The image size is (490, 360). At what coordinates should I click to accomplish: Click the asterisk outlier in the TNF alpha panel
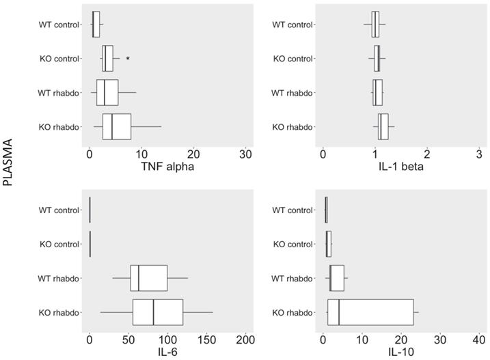(128, 59)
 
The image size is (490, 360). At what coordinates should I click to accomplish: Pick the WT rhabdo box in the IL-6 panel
(149, 278)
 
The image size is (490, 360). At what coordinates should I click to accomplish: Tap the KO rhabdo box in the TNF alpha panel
(117, 127)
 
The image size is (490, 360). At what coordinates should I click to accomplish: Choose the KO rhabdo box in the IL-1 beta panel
(383, 127)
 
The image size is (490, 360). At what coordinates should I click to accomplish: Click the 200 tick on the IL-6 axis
(246, 340)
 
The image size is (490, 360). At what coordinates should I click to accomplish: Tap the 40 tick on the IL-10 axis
(479, 340)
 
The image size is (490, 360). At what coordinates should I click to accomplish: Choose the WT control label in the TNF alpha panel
(59, 25)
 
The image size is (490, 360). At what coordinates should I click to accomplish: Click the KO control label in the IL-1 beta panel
(292, 59)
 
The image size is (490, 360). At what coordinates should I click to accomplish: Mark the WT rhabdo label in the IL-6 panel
(59, 278)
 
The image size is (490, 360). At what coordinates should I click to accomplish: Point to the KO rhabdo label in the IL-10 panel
(292, 312)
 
